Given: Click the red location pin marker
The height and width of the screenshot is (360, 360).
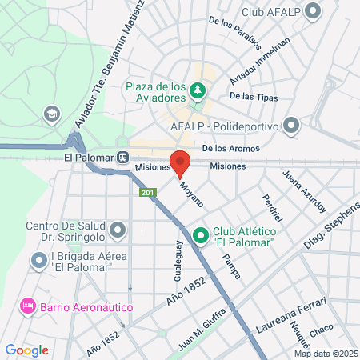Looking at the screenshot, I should tap(180, 162).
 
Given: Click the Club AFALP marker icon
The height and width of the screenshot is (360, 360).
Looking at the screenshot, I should tap(313, 12).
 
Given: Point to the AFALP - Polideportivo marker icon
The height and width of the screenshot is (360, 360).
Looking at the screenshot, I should tap(291, 126).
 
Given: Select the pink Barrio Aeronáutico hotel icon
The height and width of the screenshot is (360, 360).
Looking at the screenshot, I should tap(28, 306).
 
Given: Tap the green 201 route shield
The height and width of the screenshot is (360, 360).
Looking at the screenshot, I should tap(147, 193).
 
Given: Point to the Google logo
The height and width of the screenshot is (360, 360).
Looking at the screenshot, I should tap(26, 350).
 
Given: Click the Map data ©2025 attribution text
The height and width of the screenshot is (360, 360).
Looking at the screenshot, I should tap(325, 353).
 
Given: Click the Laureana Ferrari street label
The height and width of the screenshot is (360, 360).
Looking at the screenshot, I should tap(290, 315).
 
